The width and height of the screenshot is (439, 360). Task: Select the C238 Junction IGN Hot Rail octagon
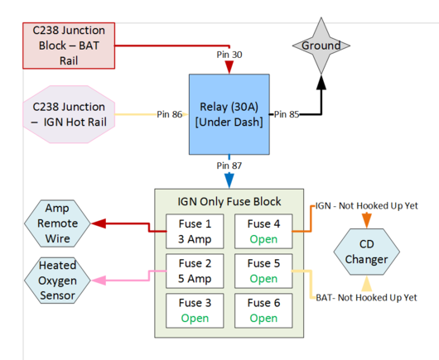(69, 114)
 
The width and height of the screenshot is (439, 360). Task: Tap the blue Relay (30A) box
(229, 113)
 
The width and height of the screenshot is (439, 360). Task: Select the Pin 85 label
(289, 114)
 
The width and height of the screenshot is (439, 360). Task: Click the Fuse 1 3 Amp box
(194, 232)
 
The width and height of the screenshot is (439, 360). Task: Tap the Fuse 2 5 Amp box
(194, 271)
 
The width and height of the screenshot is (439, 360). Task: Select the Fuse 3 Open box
(194, 310)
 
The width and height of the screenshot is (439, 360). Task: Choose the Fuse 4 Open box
(263, 232)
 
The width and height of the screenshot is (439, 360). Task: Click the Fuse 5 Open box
(263, 271)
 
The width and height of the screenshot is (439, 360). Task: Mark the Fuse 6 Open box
(263, 310)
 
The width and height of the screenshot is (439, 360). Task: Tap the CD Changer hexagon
(367, 251)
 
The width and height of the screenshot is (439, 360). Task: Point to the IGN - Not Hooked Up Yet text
(364, 204)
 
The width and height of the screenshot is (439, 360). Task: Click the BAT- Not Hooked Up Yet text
(364, 297)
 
